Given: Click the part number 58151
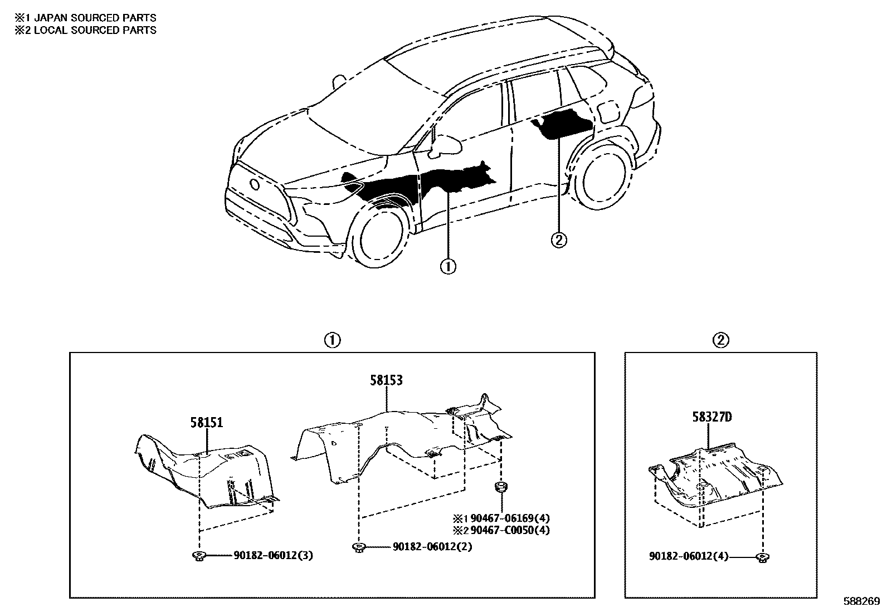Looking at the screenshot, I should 206,423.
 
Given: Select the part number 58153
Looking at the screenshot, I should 386,381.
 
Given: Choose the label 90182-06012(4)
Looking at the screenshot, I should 689,556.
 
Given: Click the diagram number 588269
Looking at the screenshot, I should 861,602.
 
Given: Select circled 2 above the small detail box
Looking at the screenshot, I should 720,340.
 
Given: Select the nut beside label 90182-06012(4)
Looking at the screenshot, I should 762,556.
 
